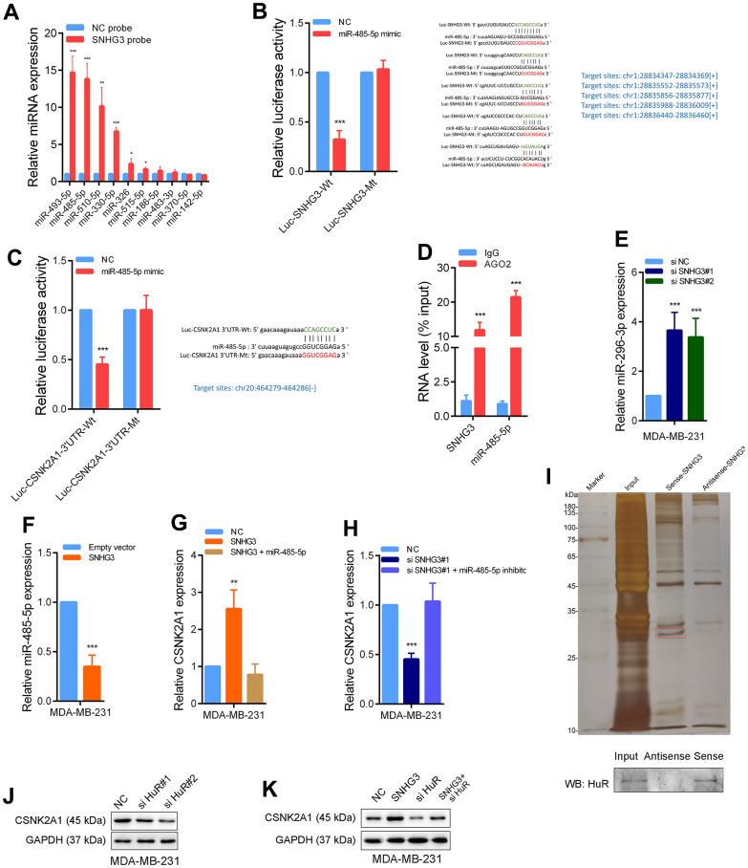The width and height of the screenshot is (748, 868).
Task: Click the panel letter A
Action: tap(11, 12)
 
